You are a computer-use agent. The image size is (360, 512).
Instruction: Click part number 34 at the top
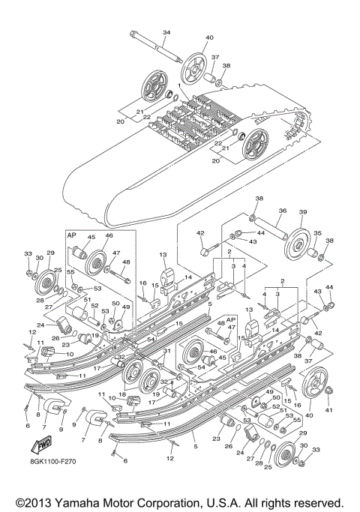click(x=166, y=32)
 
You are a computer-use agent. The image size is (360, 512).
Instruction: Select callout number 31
click(x=166, y=351)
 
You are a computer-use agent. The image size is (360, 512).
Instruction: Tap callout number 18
click(x=121, y=394)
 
